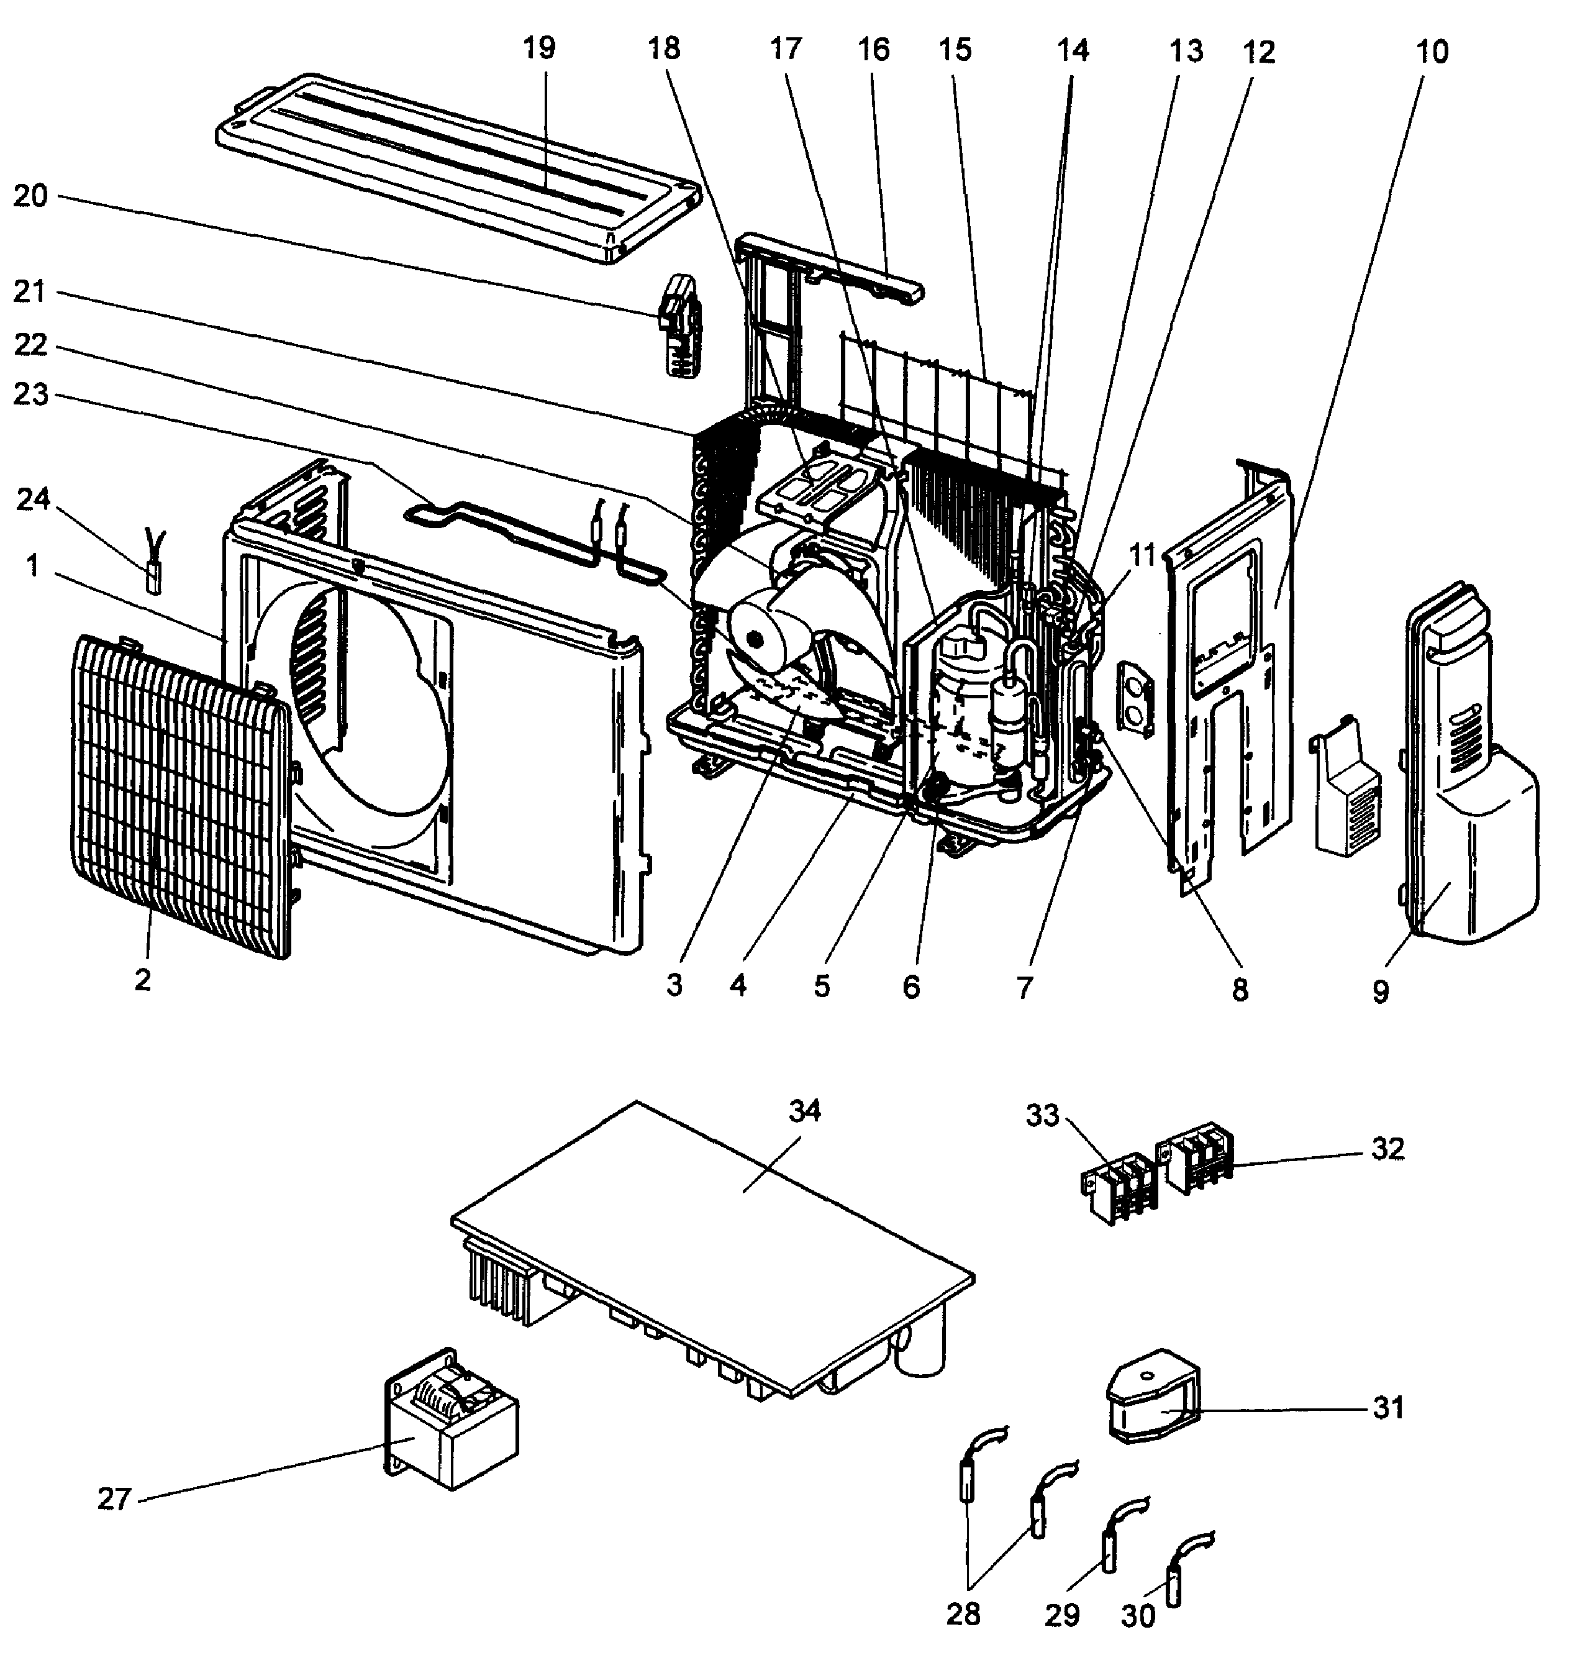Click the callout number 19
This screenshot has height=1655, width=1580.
539,49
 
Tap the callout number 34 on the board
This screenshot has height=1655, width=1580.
804,1112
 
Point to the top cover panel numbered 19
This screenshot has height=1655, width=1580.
455,168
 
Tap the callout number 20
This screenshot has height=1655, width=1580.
30,196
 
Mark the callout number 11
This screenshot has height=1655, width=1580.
1142,555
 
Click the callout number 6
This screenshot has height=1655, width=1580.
911,987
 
